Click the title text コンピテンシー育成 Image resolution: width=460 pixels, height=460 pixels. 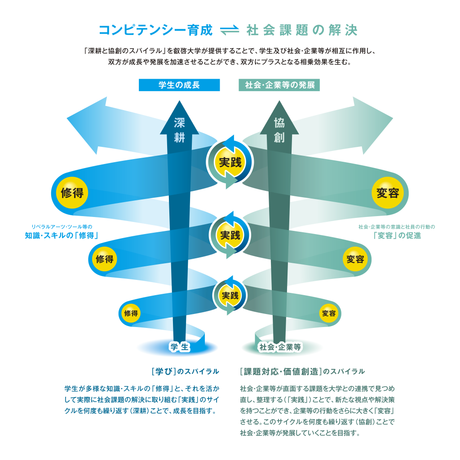click(x=155, y=31)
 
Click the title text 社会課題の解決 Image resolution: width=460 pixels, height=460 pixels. click(x=302, y=31)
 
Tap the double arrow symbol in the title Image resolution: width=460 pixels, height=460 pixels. click(x=230, y=31)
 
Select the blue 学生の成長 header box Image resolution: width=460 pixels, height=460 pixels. click(x=179, y=85)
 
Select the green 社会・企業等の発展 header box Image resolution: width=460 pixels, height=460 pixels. click(x=279, y=85)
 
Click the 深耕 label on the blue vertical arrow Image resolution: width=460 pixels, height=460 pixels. click(x=179, y=130)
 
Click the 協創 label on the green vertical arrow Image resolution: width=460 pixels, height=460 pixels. click(x=279, y=130)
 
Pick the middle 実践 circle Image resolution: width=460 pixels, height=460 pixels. click(x=230, y=234)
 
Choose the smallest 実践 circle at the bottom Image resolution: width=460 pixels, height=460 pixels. click(x=230, y=295)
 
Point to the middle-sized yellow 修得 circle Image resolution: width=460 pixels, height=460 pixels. click(x=105, y=259)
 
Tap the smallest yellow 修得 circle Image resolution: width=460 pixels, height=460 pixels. click(x=131, y=313)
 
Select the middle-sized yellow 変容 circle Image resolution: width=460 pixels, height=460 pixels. click(x=355, y=259)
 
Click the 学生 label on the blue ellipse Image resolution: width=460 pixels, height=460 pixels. click(x=179, y=347)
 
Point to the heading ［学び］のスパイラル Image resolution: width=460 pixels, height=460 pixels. click(x=185, y=372)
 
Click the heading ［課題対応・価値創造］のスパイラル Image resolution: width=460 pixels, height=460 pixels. click(x=302, y=372)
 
